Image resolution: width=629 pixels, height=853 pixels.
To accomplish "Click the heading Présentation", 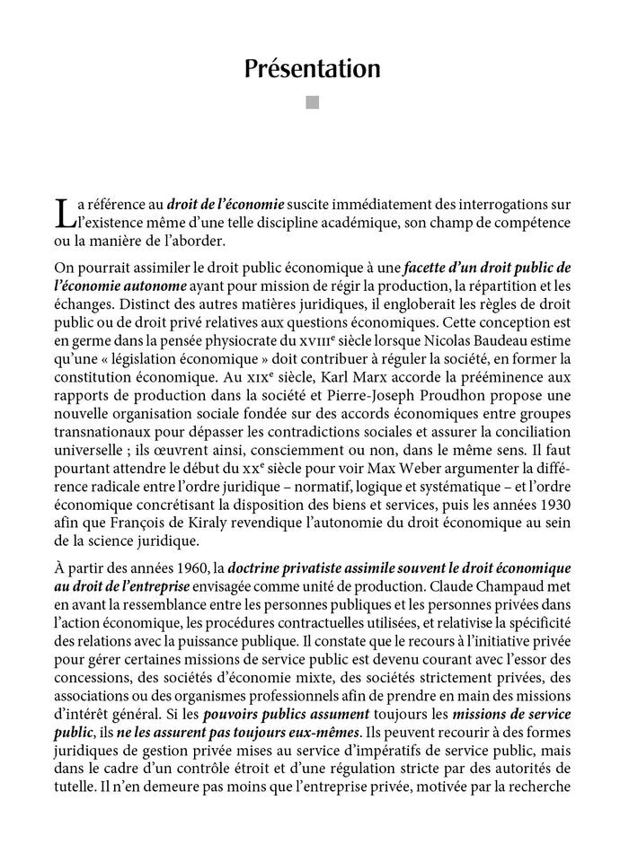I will click(314, 69).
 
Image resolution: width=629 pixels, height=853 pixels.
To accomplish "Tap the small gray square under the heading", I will click(314, 103).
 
